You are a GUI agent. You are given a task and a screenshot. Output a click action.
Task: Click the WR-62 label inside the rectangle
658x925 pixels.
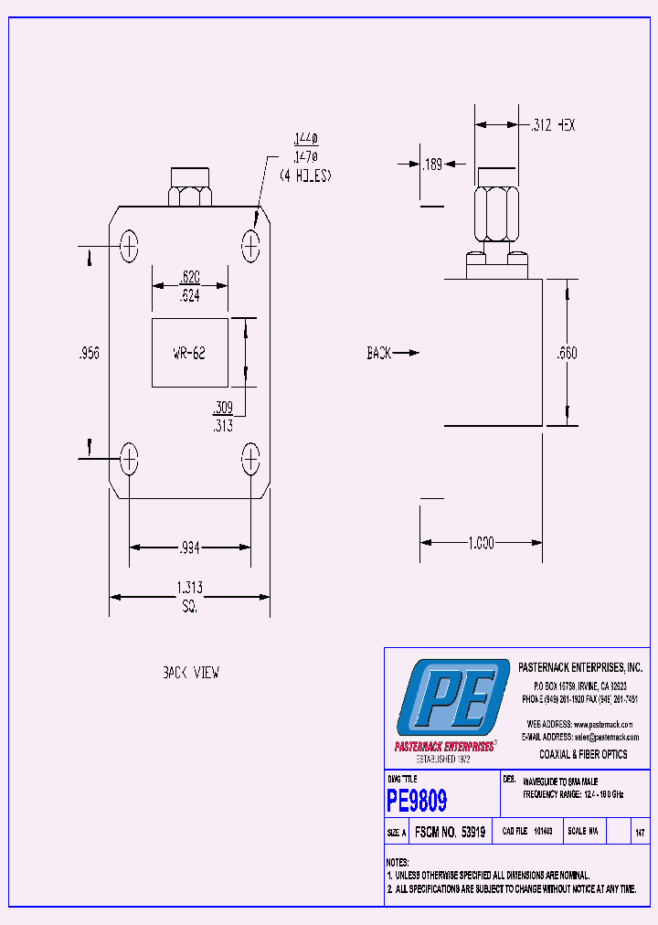189,353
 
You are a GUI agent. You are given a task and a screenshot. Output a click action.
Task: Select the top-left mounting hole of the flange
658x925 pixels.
129,245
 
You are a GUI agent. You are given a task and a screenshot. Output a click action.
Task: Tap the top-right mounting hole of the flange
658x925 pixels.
251,245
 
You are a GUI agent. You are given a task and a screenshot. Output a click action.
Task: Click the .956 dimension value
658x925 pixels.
88,353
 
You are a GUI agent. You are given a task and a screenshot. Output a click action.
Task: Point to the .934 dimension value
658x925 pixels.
189,548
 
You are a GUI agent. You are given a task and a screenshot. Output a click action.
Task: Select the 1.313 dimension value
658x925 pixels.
189,588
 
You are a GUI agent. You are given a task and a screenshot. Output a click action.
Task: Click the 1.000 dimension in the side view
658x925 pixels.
481,543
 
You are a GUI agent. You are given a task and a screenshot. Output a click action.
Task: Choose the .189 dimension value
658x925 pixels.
431,165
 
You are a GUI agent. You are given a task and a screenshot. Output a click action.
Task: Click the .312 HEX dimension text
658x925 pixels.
553,125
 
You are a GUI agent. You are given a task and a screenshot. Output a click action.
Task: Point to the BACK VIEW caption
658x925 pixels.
190,672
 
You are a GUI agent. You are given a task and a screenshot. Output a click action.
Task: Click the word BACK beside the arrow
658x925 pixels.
379,353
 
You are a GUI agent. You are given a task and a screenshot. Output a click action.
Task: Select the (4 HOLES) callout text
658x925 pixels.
305,175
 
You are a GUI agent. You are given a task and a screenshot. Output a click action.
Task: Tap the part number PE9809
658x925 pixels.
417,802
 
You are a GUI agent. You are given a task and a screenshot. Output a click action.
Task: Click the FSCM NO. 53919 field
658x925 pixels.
450,833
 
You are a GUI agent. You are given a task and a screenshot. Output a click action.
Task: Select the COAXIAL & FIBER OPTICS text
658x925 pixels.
583,754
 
